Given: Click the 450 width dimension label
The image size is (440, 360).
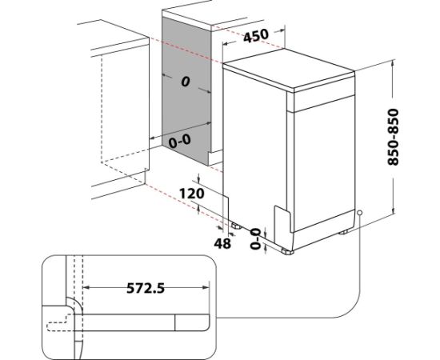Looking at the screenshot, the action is coord(256,35).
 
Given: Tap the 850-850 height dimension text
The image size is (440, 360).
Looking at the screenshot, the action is coord(393,137).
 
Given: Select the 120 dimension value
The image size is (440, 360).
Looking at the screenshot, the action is coord(192,194).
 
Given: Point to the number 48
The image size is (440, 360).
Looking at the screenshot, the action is coord(222,243).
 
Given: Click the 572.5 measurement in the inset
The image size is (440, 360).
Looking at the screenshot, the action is coord(146,288).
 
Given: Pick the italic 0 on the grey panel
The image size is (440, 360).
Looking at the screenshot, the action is coord(186,82).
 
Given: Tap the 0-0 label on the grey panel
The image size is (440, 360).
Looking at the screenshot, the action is coord(179,141).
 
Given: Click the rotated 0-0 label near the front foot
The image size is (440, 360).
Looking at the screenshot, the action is coord(255,238).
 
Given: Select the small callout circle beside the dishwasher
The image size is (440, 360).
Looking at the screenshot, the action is coord(360,214).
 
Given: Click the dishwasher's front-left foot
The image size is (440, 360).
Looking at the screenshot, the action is coord(288,252).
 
